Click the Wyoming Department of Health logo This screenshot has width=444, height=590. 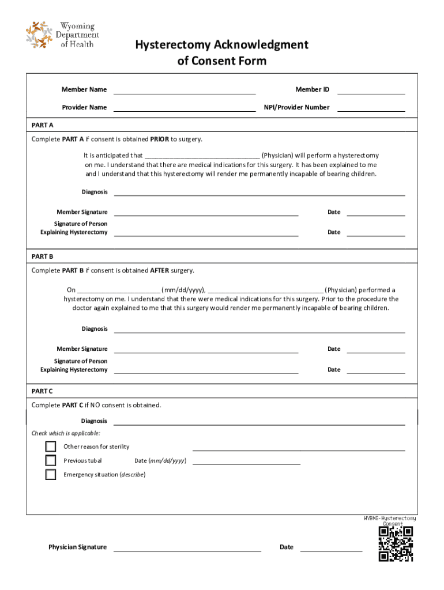pos(62,35)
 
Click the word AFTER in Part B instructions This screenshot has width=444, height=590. pos(160,270)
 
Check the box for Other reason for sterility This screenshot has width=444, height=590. pos(51,447)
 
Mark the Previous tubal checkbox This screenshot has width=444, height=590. pos(51,460)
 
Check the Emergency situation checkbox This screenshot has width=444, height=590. pos(51,474)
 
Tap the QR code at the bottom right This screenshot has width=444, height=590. pos(396,544)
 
